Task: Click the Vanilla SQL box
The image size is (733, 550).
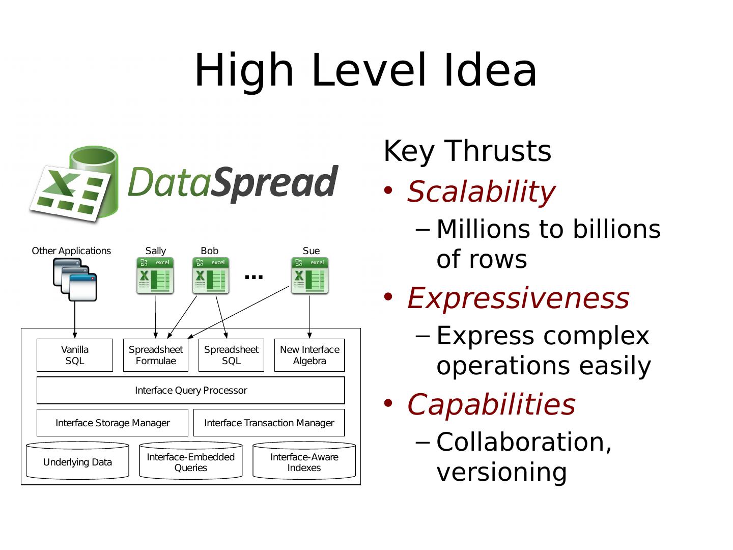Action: (x=75, y=355)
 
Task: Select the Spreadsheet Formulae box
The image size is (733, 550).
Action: (x=156, y=355)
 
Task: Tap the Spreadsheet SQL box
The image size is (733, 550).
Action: (x=231, y=355)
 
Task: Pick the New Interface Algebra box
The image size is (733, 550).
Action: (x=309, y=355)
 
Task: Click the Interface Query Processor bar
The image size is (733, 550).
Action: (x=191, y=391)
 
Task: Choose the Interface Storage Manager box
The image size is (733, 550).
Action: (x=112, y=423)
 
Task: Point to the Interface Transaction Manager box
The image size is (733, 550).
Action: (x=269, y=423)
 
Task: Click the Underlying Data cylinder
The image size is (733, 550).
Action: (x=77, y=461)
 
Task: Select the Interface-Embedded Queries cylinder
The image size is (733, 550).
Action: (x=191, y=461)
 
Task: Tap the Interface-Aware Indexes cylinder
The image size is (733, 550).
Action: (x=304, y=461)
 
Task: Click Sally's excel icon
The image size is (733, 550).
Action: (x=155, y=276)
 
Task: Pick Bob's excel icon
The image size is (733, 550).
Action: (x=211, y=276)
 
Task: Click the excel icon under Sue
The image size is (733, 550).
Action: (x=310, y=276)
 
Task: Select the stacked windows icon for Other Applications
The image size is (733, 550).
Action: (x=75, y=279)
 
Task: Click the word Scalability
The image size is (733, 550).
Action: (x=481, y=192)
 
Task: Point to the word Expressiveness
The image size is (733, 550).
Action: (x=518, y=298)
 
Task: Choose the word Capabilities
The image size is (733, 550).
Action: (x=491, y=405)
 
